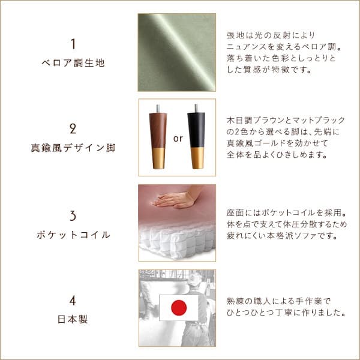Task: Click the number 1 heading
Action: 73,44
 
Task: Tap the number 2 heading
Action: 73,129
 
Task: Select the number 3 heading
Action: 73,215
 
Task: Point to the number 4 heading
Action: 73,301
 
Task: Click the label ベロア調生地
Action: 73,62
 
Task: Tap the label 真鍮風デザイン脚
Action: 73,148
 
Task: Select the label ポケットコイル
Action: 73,235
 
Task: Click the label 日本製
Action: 73,319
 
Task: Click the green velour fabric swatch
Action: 177,52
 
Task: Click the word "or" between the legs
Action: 177,138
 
